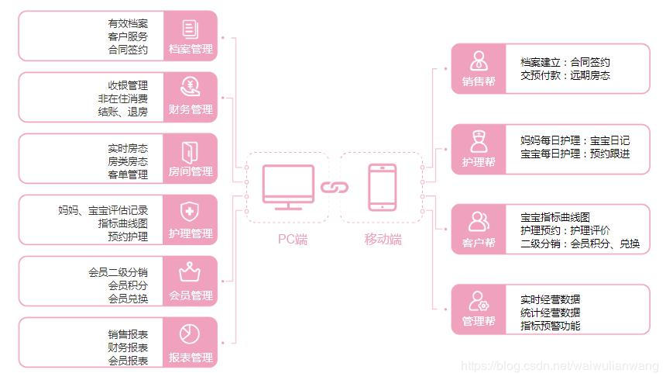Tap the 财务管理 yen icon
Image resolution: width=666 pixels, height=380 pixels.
tap(190, 86)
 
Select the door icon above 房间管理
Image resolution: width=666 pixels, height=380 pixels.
tap(190, 150)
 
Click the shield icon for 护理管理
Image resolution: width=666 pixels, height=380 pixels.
tap(190, 211)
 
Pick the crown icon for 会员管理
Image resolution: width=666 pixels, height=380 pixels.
tap(190, 272)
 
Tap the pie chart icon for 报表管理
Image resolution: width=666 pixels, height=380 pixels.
tap(190, 333)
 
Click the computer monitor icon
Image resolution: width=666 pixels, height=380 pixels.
tap(288, 187)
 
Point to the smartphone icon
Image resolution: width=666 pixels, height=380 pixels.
tap(382, 187)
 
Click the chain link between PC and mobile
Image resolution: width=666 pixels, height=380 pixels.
tap(335, 187)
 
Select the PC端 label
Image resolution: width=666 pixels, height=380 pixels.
tap(292, 240)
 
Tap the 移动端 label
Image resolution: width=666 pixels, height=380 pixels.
tap(383, 240)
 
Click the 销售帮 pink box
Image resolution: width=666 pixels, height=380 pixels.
tap(479, 69)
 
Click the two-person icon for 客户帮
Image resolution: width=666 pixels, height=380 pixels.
tap(479, 221)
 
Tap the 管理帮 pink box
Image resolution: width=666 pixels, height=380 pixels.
tap(479, 309)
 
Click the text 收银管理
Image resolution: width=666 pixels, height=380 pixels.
tap(128, 85)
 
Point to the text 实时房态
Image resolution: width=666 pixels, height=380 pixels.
tap(128, 147)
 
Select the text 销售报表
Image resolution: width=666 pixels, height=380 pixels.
tap(128, 333)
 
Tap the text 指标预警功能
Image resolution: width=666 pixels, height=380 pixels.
tap(550, 326)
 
